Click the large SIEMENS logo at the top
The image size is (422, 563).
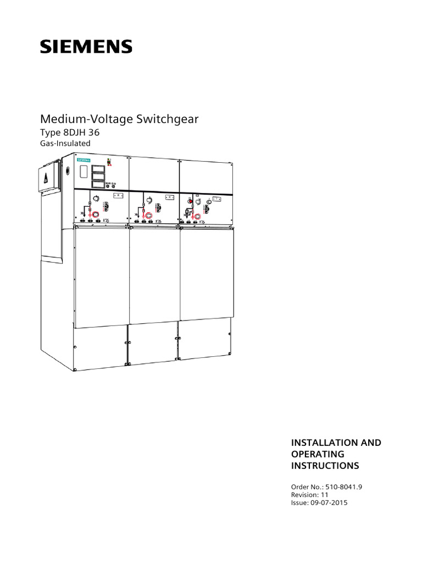86,46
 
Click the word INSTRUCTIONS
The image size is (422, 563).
324,466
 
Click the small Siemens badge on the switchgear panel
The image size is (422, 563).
84,160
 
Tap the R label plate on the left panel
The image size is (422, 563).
118,195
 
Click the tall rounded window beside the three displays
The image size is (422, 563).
84,172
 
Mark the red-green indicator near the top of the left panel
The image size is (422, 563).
109,161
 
